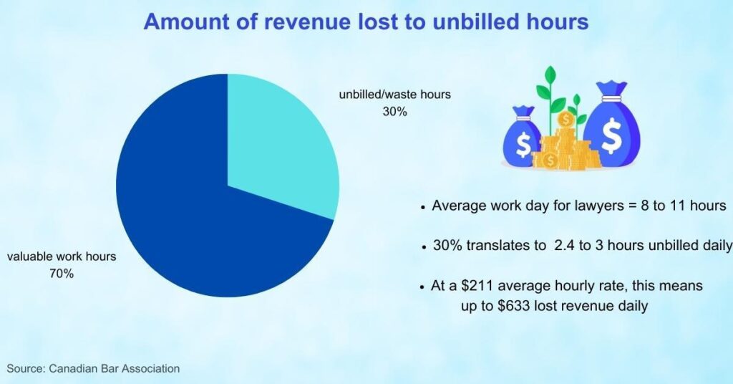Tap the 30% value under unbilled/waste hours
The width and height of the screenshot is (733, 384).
pyautogui.click(x=395, y=112)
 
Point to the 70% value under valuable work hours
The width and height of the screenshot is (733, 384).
pyautogui.click(x=62, y=274)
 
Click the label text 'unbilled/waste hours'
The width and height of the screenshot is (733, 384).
pyautogui.click(x=395, y=95)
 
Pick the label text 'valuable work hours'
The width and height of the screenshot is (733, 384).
pyautogui.click(x=62, y=256)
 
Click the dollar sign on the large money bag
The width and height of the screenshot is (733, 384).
pyautogui.click(x=611, y=135)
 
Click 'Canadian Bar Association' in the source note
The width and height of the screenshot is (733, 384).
pyautogui.click(x=114, y=368)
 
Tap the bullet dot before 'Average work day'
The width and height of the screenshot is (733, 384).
pyautogui.click(x=422, y=207)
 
